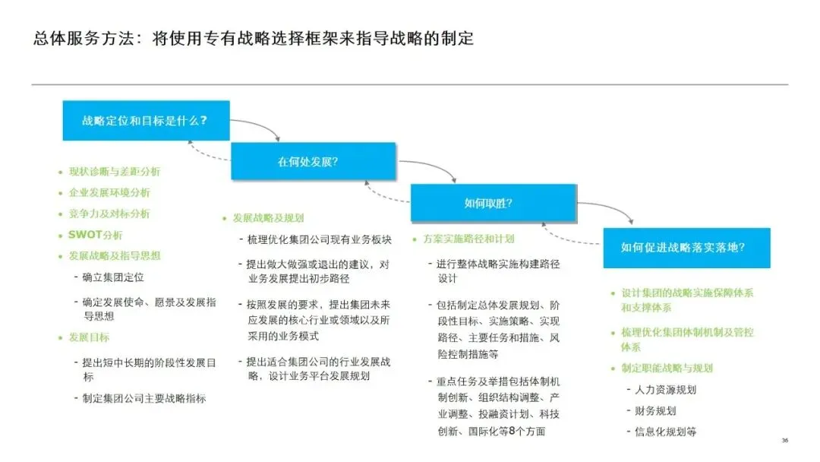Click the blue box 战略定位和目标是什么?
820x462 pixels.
coord(146,120)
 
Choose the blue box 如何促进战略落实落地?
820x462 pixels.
coord(686,248)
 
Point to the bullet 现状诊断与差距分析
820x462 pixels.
coord(115,172)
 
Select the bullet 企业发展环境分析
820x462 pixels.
coord(109,193)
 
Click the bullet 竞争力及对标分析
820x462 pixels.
coord(109,214)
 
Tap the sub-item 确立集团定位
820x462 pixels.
coord(113,277)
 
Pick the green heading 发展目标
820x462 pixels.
coord(89,337)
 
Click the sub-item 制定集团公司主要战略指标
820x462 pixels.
coord(144,398)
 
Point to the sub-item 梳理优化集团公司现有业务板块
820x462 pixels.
coord(319,240)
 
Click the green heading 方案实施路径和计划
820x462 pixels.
coord(468,239)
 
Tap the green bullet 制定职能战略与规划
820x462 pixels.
coord(667,369)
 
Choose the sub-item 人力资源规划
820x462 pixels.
coord(666,390)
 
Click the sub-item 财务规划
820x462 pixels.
coord(655,411)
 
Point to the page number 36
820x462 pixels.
coord(785,441)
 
